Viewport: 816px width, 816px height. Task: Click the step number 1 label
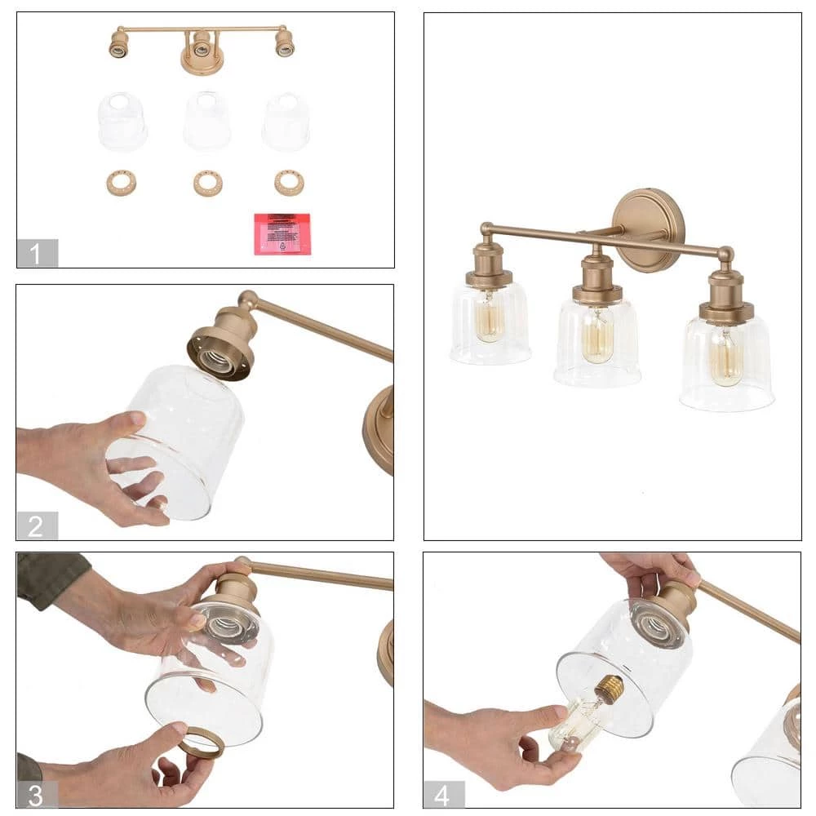point(37,253)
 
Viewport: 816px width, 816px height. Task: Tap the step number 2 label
point(37,526)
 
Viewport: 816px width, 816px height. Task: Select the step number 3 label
point(37,794)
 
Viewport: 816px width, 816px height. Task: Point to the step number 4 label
point(444,794)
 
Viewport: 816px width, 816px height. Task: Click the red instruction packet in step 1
point(282,234)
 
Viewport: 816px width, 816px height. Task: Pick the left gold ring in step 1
point(121,182)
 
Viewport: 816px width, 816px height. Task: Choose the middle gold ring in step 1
point(208,183)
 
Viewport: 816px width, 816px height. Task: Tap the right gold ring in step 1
point(289,182)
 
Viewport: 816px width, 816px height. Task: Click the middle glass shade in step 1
point(206,121)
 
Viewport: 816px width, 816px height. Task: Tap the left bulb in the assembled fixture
point(490,318)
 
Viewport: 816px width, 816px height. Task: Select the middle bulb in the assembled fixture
point(597,335)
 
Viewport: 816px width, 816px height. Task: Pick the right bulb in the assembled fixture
point(725,356)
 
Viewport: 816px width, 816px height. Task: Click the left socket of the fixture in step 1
point(119,44)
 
